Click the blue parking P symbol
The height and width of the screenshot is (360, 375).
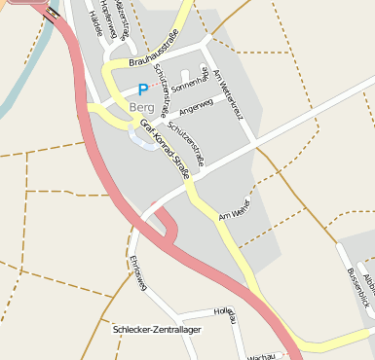point(143,89)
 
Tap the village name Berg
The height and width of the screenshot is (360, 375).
point(141,107)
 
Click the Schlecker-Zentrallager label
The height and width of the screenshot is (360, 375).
point(157,329)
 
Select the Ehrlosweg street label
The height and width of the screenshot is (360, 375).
point(137,273)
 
